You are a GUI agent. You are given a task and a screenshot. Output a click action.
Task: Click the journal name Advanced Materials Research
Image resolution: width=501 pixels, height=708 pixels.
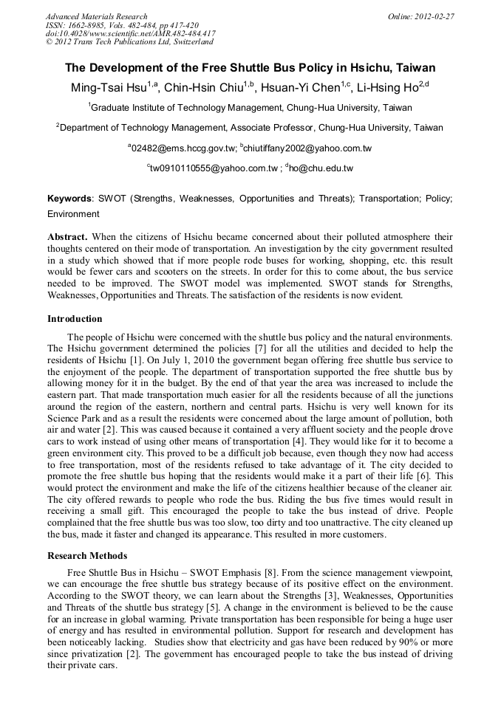(x=96, y=16)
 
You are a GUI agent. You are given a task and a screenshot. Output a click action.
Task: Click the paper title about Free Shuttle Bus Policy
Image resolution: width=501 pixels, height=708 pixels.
(x=250, y=67)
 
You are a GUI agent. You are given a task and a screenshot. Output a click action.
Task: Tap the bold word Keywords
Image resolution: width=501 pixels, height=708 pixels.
(x=70, y=199)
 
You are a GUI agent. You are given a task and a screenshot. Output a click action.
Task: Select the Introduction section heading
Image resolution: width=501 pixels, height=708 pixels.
(x=75, y=319)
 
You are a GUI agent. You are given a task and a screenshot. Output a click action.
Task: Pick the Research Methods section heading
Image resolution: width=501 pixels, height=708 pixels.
(x=87, y=556)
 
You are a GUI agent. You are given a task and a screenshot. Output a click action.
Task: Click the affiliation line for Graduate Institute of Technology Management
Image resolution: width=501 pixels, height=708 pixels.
(x=250, y=108)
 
